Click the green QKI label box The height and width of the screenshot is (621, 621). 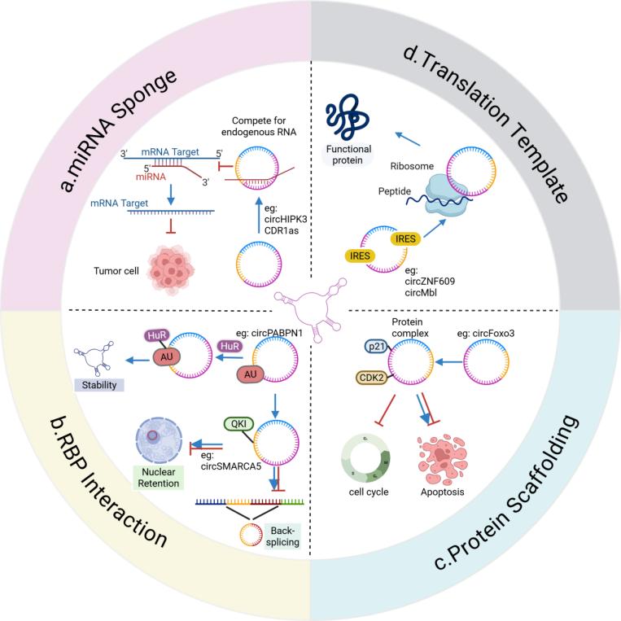click(237, 423)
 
